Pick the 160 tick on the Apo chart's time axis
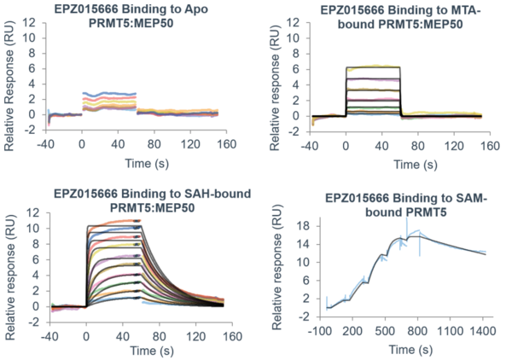[225, 146]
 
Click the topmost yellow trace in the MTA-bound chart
[375, 65]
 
